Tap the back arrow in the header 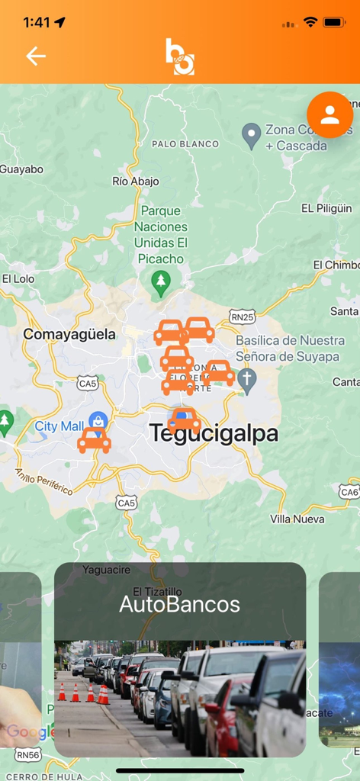(x=36, y=56)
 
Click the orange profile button (x=329, y=115)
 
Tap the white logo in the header (x=180, y=56)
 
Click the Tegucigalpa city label (x=214, y=433)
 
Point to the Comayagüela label (x=69, y=334)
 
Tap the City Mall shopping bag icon (x=98, y=420)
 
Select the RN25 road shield (x=243, y=317)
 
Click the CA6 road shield (x=349, y=492)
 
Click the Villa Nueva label (x=297, y=519)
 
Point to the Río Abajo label (x=136, y=182)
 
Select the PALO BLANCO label (x=185, y=143)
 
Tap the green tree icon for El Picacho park (x=160, y=283)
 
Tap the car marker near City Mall (x=94, y=440)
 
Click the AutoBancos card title (x=180, y=605)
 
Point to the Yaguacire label (x=107, y=570)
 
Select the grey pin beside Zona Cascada (x=251, y=136)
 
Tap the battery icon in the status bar (x=334, y=22)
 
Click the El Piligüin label (x=326, y=208)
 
